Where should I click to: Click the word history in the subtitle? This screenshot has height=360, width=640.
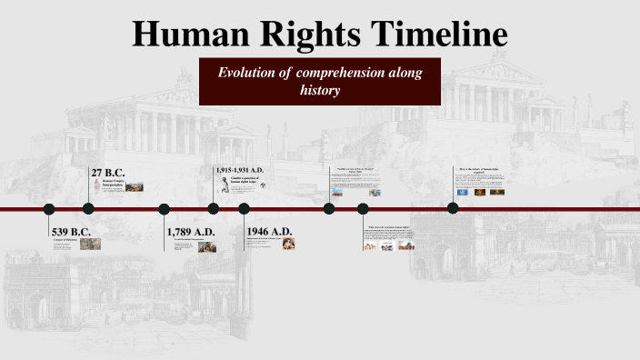(x=320, y=91)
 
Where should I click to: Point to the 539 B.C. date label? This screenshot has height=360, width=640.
(x=72, y=231)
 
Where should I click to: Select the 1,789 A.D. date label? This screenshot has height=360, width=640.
(x=191, y=232)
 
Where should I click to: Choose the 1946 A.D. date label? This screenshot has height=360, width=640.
(x=269, y=232)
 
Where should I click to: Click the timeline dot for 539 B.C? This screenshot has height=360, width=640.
(x=49, y=209)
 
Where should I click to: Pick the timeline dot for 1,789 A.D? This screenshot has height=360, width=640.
(x=165, y=209)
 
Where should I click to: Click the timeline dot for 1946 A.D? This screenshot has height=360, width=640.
(x=244, y=209)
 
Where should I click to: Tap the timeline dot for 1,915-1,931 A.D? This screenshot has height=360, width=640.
(x=214, y=209)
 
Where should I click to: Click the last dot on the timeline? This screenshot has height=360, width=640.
(x=453, y=208)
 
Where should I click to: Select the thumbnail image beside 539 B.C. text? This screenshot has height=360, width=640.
(x=90, y=244)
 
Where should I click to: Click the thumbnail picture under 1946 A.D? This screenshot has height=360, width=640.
(x=288, y=243)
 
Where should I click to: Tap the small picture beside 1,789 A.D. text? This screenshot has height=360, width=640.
(x=207, y=246)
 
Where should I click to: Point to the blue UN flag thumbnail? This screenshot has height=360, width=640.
(x=464, y=192)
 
